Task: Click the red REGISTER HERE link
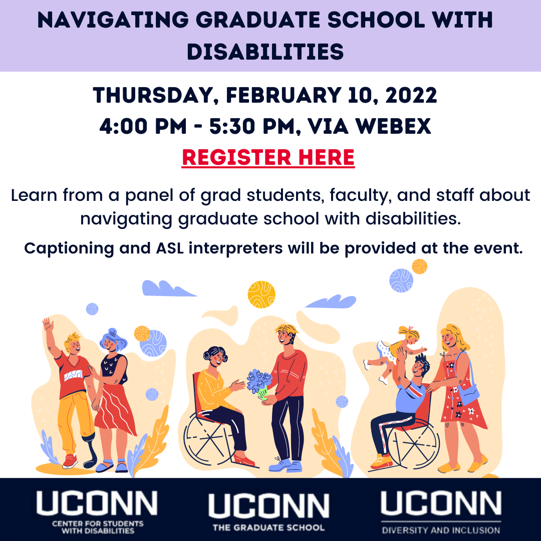pyautogui.click(x=268, y=158)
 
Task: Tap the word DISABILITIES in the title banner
pyautogui.click(x=265, y=52)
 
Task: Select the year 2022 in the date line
pyautogui.click(x=411, y=95)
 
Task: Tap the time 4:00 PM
pyautogui.click(x=143, y=126)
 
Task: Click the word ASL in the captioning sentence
pyautogui.click(x=169, y=248)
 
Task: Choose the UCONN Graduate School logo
pyautogui.click(x=269, y=512)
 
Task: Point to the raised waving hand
pyautogui.click(x=48, y=325)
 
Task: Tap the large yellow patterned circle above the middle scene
pyautogui.click(x=261, y=295)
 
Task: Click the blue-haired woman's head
pyautogui.click(x=113, y=340)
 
